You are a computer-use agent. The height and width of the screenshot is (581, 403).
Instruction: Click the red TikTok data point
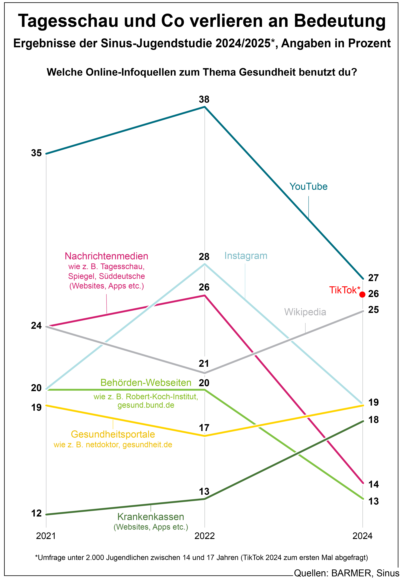(x=362, y=294)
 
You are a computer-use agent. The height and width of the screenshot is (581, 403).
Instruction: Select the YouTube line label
(x=308, y=187)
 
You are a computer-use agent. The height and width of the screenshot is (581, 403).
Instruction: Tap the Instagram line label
(x=246, y=256)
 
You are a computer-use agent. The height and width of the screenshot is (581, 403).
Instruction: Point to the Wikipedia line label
(x=305, y=312)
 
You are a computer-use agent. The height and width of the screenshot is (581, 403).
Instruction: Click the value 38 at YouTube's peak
(x=204, y=100)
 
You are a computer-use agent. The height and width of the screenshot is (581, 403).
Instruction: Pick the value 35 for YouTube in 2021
(x=36, y=153)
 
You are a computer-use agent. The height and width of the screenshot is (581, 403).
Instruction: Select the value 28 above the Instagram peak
(x=204, y=257)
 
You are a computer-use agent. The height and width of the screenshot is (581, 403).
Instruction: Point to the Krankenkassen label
(x=151, y=517)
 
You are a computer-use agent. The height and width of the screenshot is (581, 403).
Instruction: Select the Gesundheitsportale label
(x=113, y=434)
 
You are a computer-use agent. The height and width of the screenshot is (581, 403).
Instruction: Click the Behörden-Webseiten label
(x=146, y=383)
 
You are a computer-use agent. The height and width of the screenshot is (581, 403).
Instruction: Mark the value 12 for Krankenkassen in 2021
(x=36, y=513)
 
